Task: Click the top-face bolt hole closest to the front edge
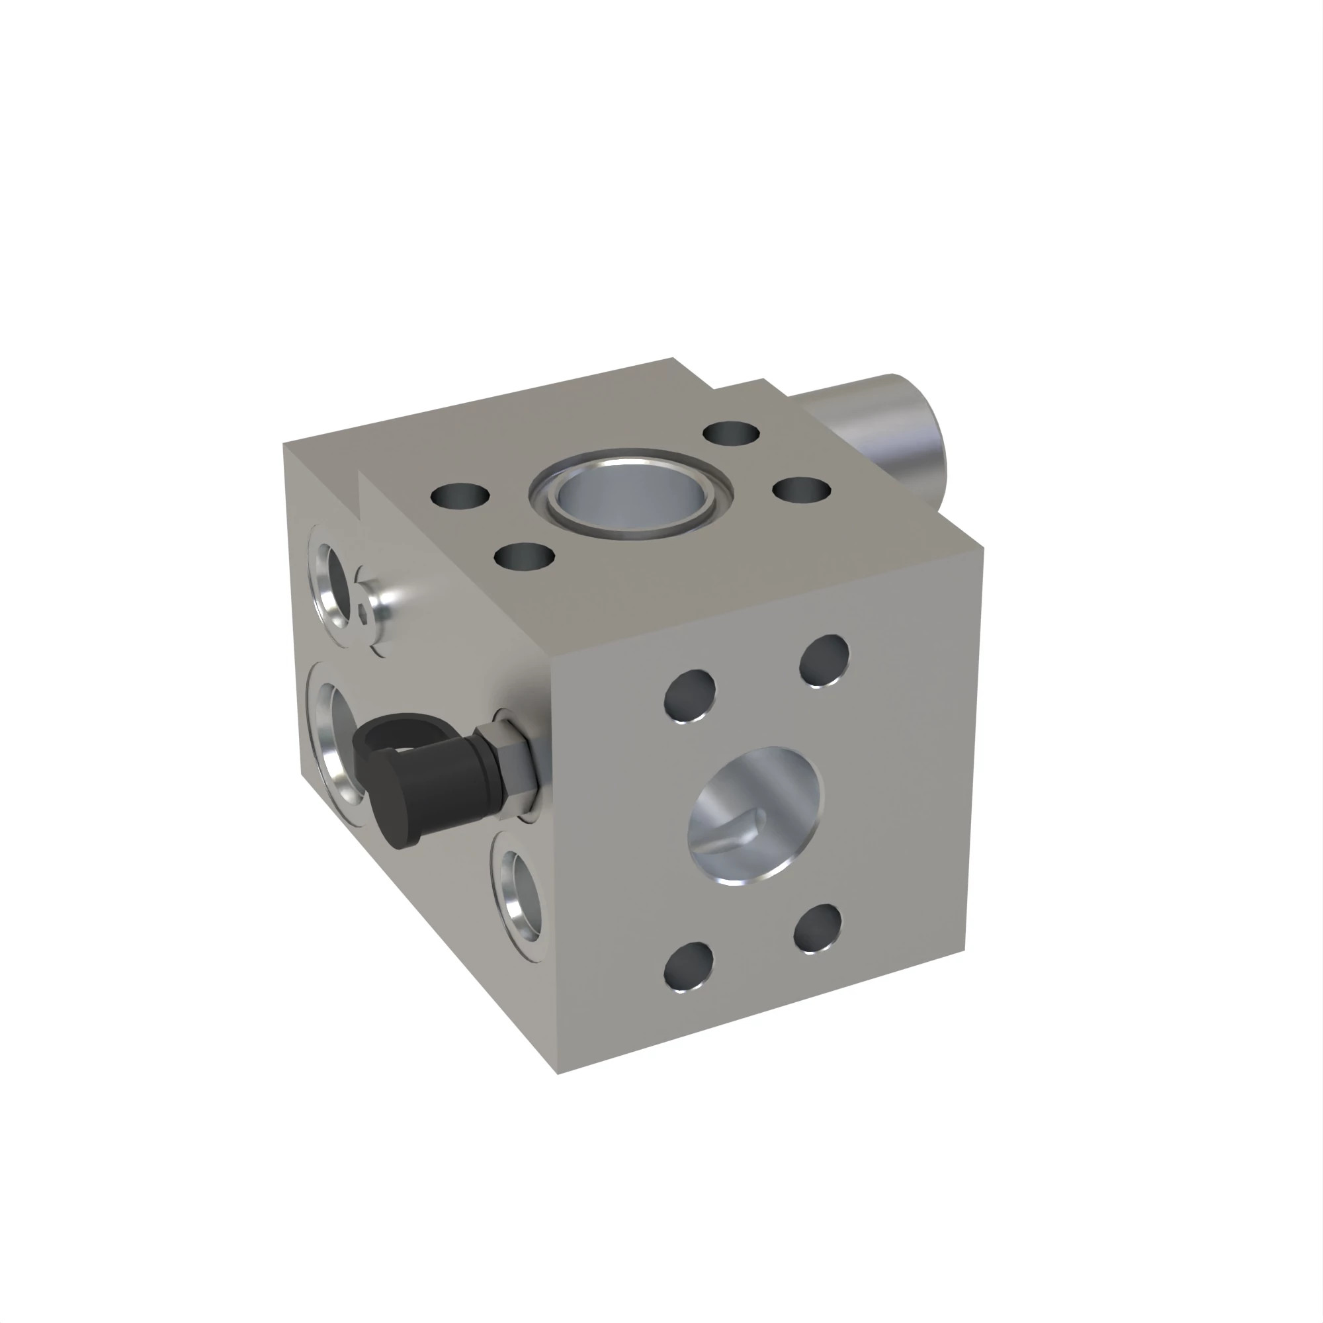coord(524,556)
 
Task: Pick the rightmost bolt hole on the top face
coord(801,490)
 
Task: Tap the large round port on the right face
coord(755,815)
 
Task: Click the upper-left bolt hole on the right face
coord(690,696)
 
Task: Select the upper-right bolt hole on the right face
coord(824,661)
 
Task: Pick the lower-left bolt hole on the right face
coord(689,966)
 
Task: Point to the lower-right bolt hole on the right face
coord(818,929)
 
